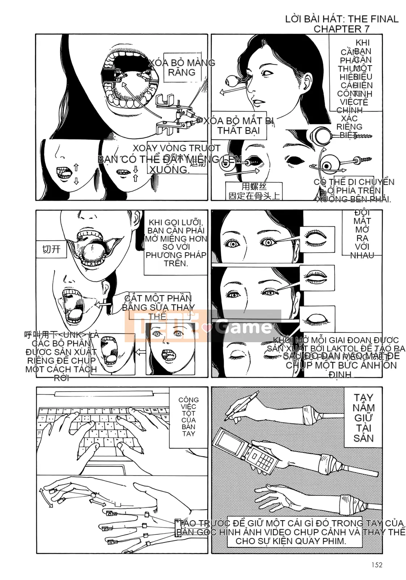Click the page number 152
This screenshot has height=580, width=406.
tap(377, 564)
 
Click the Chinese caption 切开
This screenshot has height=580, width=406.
tap(51, 249)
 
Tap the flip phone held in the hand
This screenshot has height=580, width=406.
tap(246, 449)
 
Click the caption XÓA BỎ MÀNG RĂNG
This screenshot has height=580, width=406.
tap(182, 67)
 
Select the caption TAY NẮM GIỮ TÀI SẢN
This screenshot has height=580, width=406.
tap(364, 418)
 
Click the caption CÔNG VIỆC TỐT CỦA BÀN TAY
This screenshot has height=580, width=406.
tap(188, 417)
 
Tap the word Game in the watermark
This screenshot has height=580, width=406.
tap(244, 327)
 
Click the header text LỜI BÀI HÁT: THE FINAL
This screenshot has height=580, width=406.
tap(341, 19)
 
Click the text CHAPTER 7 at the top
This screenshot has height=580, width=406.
tap(341, 29)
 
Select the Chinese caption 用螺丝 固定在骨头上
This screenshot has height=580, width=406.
tap(254, 191)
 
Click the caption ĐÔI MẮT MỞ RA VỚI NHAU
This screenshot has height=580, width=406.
tap(362, 234)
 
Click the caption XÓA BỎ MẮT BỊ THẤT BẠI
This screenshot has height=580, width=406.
tap(239, 125)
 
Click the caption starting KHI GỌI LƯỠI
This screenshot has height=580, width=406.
tap(176, 243)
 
